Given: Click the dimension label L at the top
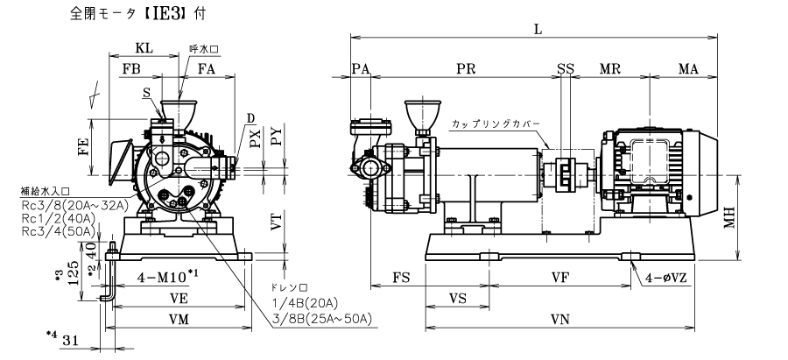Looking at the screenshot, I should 538,28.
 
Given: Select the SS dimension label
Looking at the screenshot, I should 565,69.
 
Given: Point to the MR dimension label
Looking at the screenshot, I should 612,69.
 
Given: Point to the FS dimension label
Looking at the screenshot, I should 402,276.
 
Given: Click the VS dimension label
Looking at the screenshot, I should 456,298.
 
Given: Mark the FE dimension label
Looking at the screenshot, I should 81,147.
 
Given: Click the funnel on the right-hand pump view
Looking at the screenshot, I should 419,116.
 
